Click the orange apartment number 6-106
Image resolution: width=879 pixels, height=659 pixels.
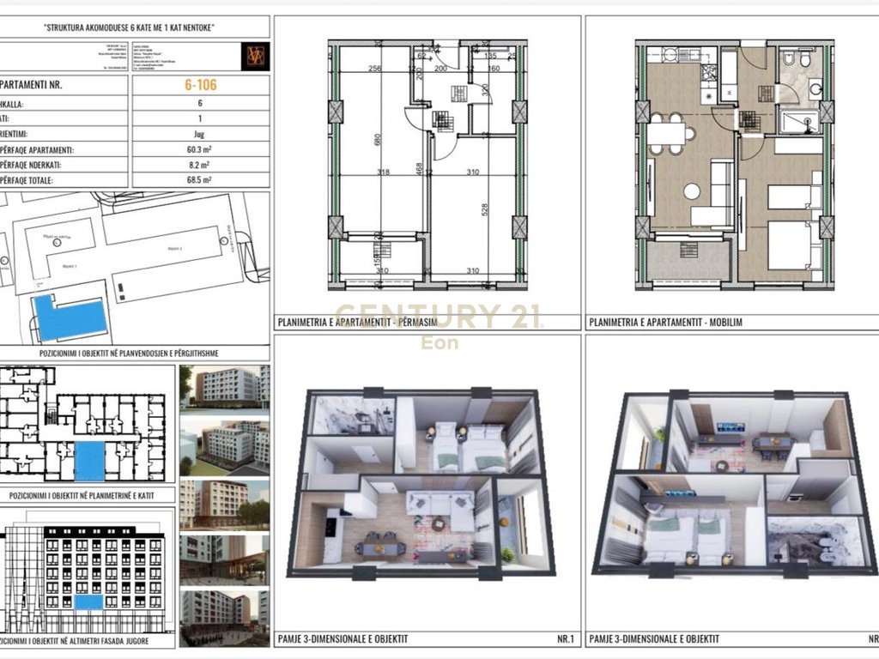(x=200, y=85)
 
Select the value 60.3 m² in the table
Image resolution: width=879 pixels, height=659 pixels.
(x=200, y=148)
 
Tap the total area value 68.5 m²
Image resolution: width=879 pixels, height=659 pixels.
(x=200, y=180)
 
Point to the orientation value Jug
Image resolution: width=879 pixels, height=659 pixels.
(x=200, y=133)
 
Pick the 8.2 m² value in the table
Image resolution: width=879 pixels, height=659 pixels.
(x=200, y=164)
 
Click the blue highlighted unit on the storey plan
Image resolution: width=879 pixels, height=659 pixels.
(x=89, y=462)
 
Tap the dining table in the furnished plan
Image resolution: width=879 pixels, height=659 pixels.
(x=670, y=134)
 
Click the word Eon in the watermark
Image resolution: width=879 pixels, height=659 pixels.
(x=439, y=343)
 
